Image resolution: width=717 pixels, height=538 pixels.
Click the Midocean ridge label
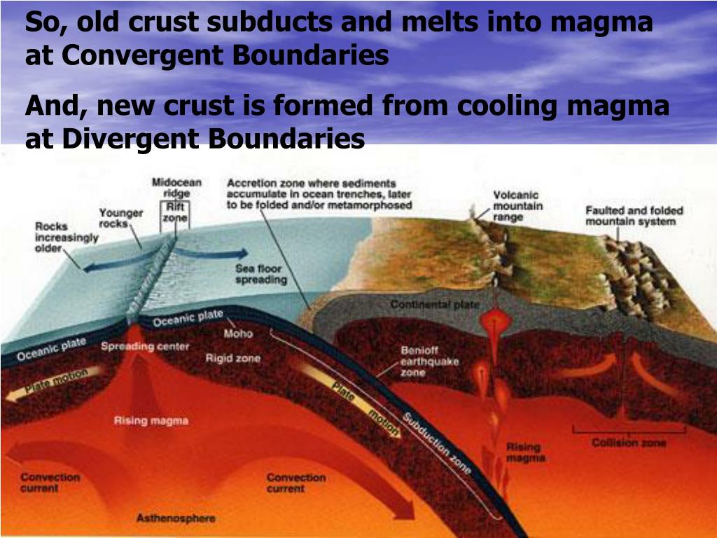pyautogui.click(x=176, y=188)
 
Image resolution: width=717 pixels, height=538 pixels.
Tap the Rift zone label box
pyautogui.click(x=176, y=212)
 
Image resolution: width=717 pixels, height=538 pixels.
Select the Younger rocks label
pyautogui.click(x=120, y=218)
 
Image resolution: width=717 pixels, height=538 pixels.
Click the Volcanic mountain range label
pyautogui.click(x=517, y=206)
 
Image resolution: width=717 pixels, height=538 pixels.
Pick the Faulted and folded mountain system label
pyautogui.click(x=634, y=216)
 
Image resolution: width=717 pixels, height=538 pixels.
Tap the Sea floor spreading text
pyautogui.click(x=261, y=274)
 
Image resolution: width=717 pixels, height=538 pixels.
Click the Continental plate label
pyautogui.click(x=435, y=305)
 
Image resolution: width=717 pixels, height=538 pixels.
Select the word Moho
pyautogui.click(x=238, y=333)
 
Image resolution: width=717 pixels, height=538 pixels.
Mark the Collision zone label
pyautogui.click(x=629, y=443)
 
